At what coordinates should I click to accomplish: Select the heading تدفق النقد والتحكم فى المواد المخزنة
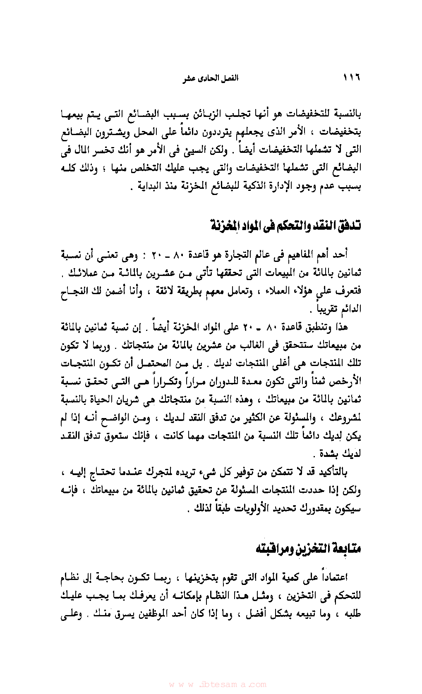point(285,226)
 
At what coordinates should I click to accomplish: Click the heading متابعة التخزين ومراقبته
point(308,548)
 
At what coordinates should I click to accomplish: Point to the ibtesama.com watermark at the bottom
point(218,684)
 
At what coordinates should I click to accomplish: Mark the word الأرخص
point(348,382)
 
